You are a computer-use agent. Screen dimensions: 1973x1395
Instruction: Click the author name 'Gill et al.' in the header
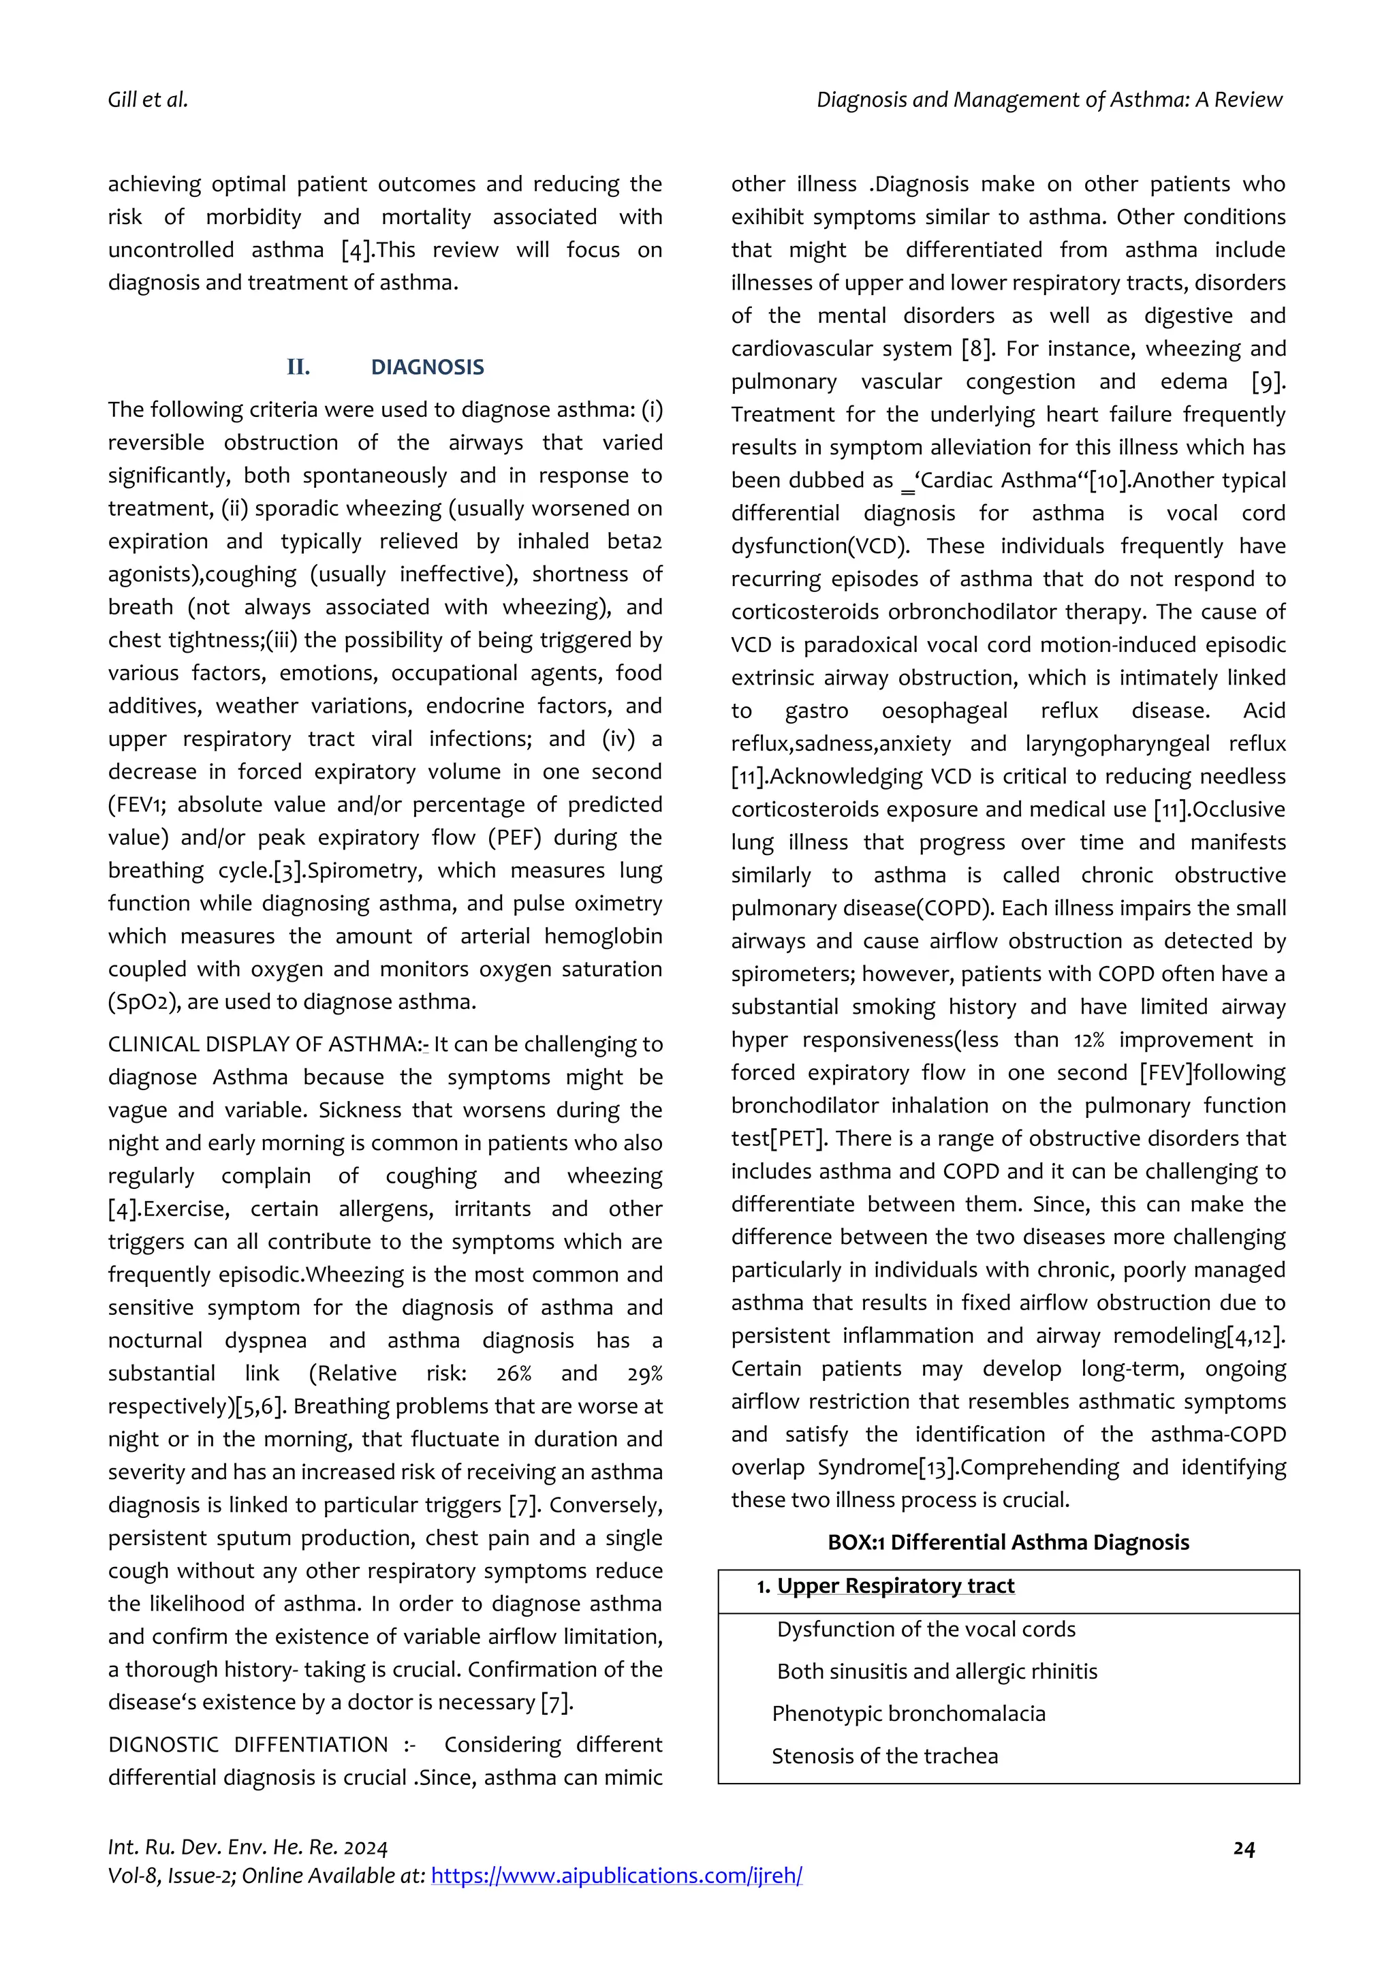(148, 101)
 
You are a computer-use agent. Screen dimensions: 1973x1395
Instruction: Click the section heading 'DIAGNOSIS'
(427, 368)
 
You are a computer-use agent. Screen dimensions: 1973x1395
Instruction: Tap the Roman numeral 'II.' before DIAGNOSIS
(298, 368)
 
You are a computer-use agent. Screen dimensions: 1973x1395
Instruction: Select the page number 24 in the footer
(1244, 1848)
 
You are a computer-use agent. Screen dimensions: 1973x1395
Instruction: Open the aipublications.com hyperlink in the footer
(616, 1876)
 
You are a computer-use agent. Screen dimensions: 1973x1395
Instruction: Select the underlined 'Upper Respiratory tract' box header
(895, 1585)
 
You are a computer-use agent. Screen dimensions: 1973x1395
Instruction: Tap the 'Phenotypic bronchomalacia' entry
(908, 1713)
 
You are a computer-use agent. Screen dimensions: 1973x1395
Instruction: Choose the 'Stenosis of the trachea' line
(884, 1756)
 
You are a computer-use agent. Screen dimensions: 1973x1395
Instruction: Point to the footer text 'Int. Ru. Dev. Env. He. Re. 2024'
(247, 1848)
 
